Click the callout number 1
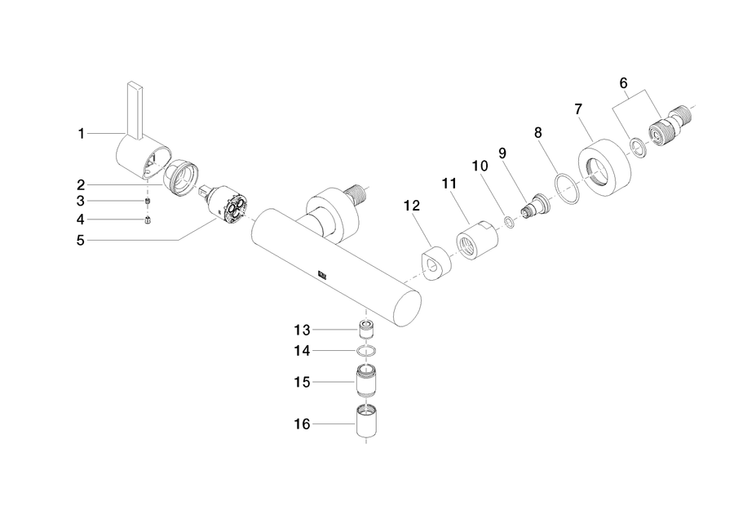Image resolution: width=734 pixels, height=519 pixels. (x=81, y=134)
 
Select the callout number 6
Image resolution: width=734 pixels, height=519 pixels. (x=623, y=83)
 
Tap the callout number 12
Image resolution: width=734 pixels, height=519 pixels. (x=412, y=205)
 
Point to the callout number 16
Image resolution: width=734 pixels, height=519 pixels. (x=302, y=424)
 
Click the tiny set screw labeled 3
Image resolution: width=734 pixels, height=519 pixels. (x=148, y=201)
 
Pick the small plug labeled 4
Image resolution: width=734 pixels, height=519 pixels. (x=148, y=220)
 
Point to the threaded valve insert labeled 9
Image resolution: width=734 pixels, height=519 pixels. (x=536, y=204)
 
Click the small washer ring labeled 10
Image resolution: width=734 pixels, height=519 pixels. (x=509, y=222)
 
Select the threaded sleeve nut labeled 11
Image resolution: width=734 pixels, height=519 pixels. (x=477, y=240)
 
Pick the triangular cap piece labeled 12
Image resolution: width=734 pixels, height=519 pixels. (x=436, y=264)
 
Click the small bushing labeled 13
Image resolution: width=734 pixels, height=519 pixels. (x=366, y=330)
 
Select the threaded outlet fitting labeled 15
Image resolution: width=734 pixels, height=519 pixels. (x=366, y=380)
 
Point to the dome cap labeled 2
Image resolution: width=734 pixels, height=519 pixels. (x=181, y=178)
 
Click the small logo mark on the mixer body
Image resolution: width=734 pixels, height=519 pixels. (x=323, y=275)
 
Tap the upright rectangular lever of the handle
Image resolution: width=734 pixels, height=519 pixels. (x=135, y=111)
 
